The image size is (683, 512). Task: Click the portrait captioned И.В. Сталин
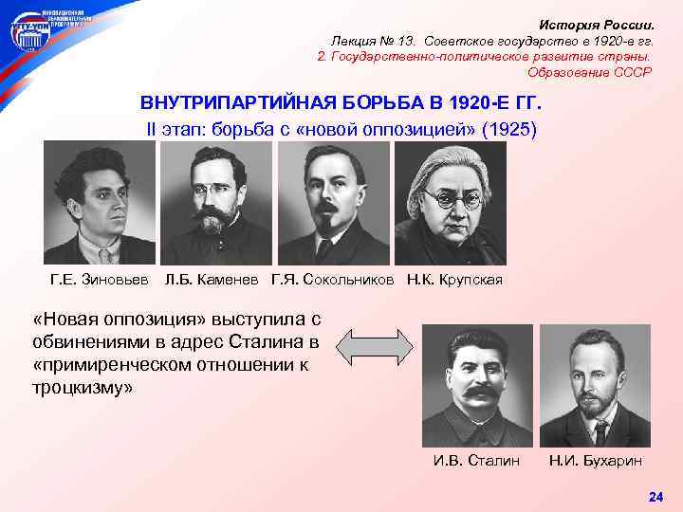[477, 384]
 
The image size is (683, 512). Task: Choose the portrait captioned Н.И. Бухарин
[595, 384]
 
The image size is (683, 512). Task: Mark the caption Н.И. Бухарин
[595, 461]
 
